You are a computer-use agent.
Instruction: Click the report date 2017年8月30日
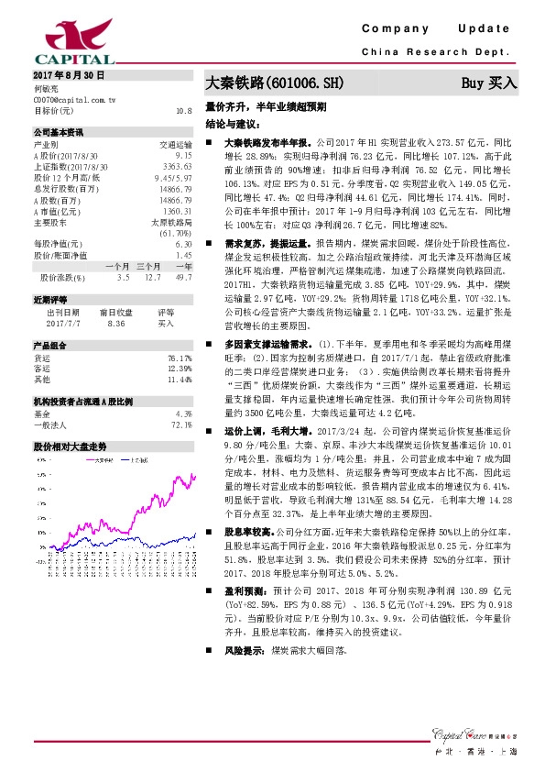tap(69, 75)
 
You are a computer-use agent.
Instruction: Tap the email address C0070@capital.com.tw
tap(74, 98)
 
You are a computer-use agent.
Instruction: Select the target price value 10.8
tap(183, 110)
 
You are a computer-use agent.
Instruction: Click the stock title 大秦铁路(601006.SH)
tap(269, 83)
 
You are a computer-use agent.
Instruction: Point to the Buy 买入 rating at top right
tap(489, 83)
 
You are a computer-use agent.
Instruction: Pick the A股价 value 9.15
tap(183, 156)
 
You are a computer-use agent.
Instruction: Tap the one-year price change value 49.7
tap(183, 277)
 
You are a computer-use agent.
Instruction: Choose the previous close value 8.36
tap(115, 323)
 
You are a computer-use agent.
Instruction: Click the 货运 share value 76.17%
tap(180, 358)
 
